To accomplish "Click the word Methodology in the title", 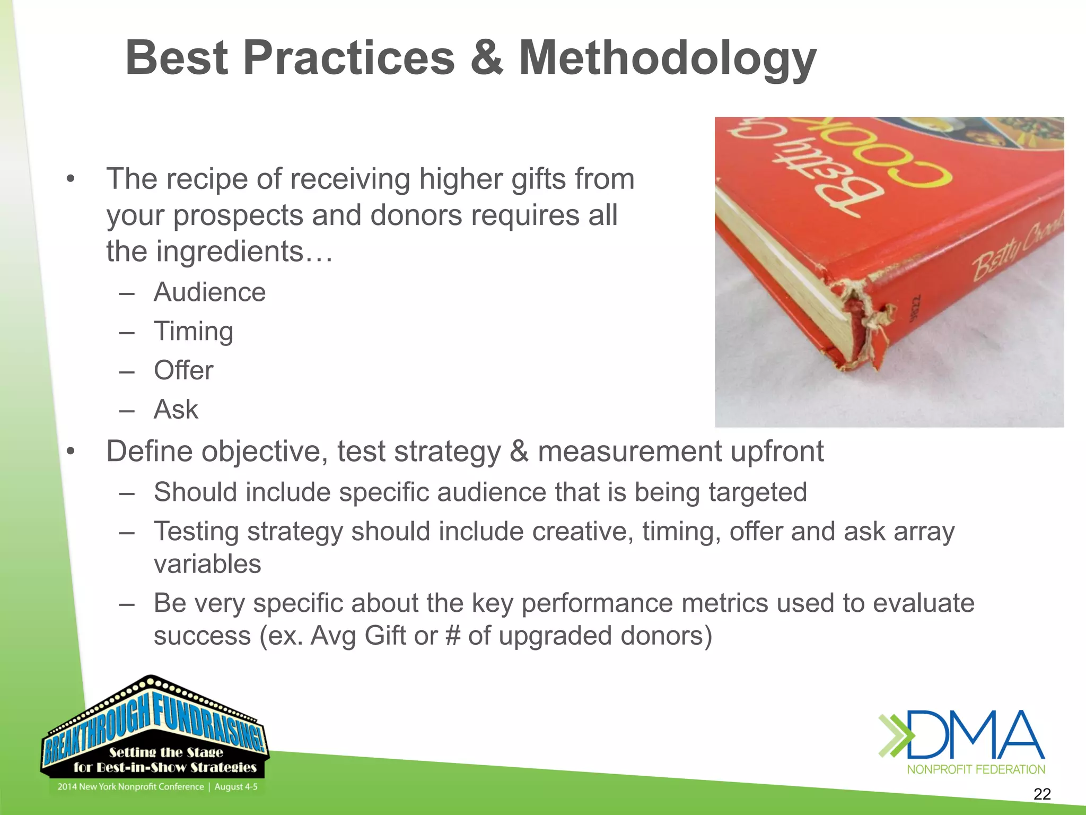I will click(x=667, y=59).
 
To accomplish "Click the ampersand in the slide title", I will click(x=486, y=58).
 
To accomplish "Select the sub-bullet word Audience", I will click(x=209, y=292).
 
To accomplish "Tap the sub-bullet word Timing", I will click(x=194, y=332).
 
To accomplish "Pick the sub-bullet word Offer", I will click(x=183, y=370).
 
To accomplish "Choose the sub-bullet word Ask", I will click(x=176, y=410).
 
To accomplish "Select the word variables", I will click(x=207, y=564).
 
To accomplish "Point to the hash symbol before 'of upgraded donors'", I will click(x=453, y=636).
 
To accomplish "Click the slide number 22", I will click(x=1042, y=794).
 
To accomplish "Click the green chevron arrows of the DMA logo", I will click(x=895, y=735).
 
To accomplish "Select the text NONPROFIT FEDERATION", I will click(x=976, y=769).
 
